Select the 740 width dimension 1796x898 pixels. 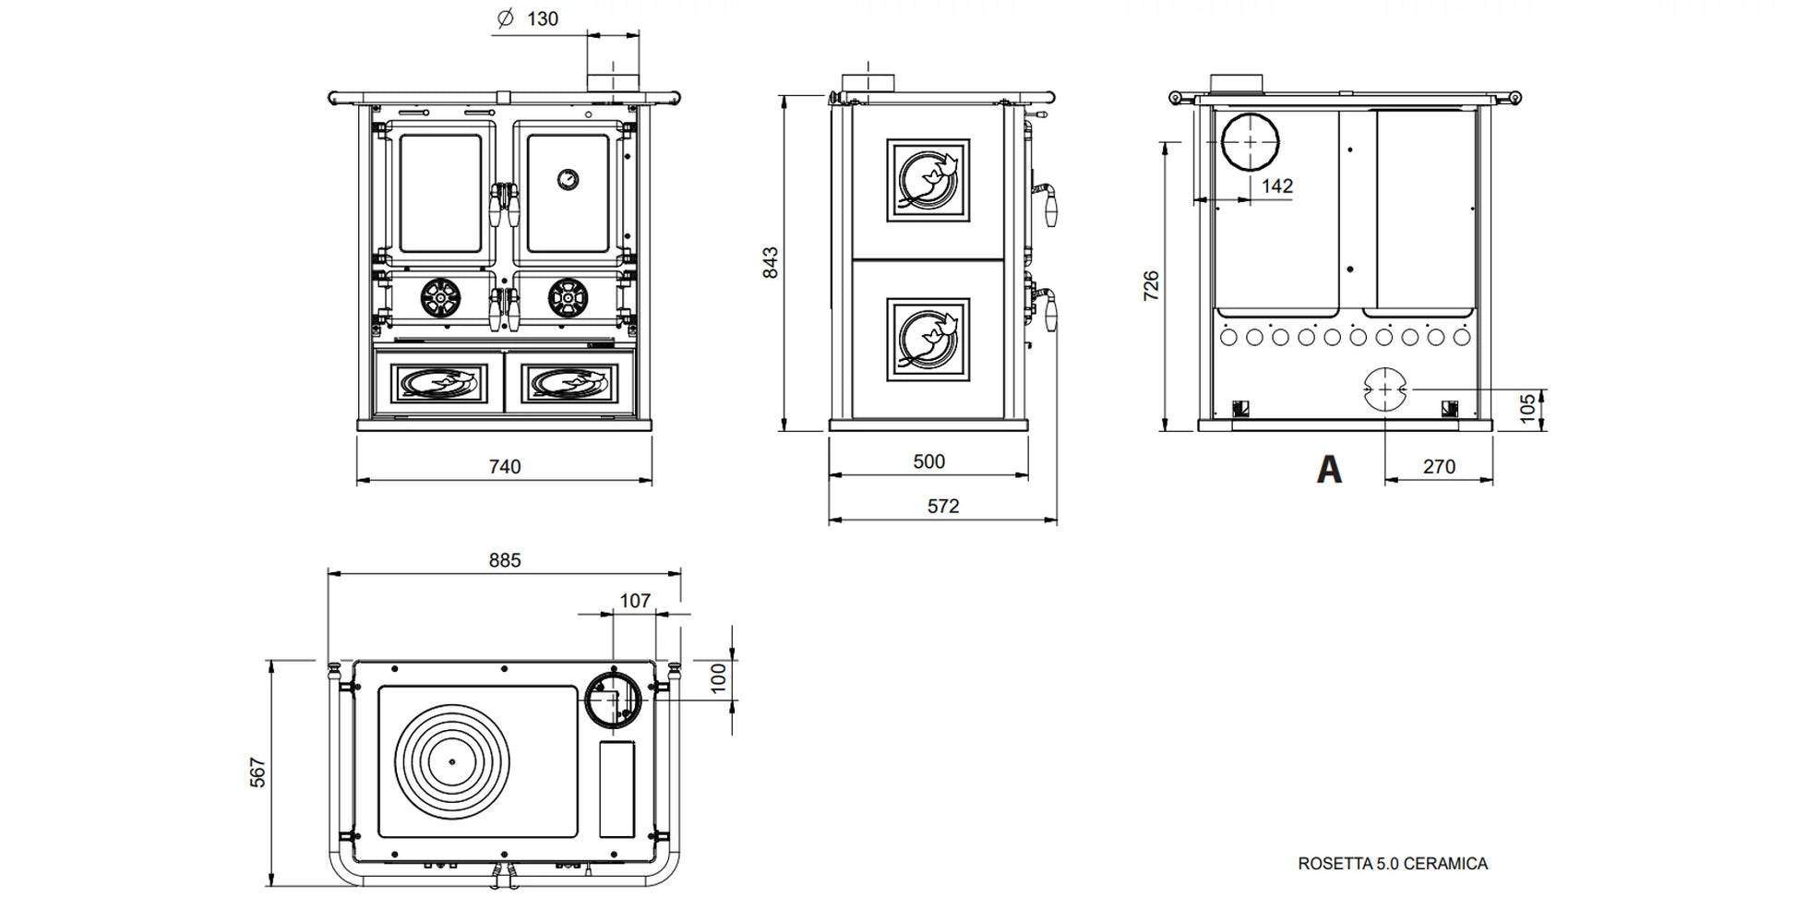coord(505,467)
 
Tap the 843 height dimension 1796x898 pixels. coord(771,262)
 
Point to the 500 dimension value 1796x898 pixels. coord(928,461)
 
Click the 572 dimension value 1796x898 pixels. coord(942,506)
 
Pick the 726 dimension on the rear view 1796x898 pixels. coord(1151,285)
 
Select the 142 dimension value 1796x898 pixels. coord(1276,186)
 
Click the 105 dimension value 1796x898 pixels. coord(1527,408)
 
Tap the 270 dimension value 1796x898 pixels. coord(1438,467)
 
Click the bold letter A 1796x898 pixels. coord(1328,470)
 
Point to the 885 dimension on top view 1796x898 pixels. coord(505,560)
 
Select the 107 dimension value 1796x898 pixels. coord(635,601)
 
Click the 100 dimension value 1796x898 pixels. coord(719,678)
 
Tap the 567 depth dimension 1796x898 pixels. coord(257,772)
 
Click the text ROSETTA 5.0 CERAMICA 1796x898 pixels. coord(1392,864)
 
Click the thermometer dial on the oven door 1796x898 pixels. coord(569,178)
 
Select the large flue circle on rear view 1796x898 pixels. coord(1251,143)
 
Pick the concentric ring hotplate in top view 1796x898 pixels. coord(452,761)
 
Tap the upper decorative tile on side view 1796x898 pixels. coord(928,180)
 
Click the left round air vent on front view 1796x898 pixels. coord(440,297)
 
